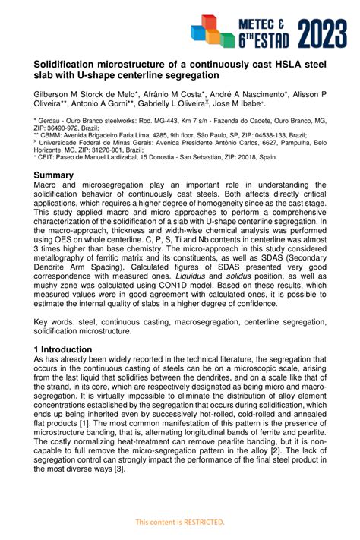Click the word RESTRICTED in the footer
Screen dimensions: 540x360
tap(204, 522)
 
